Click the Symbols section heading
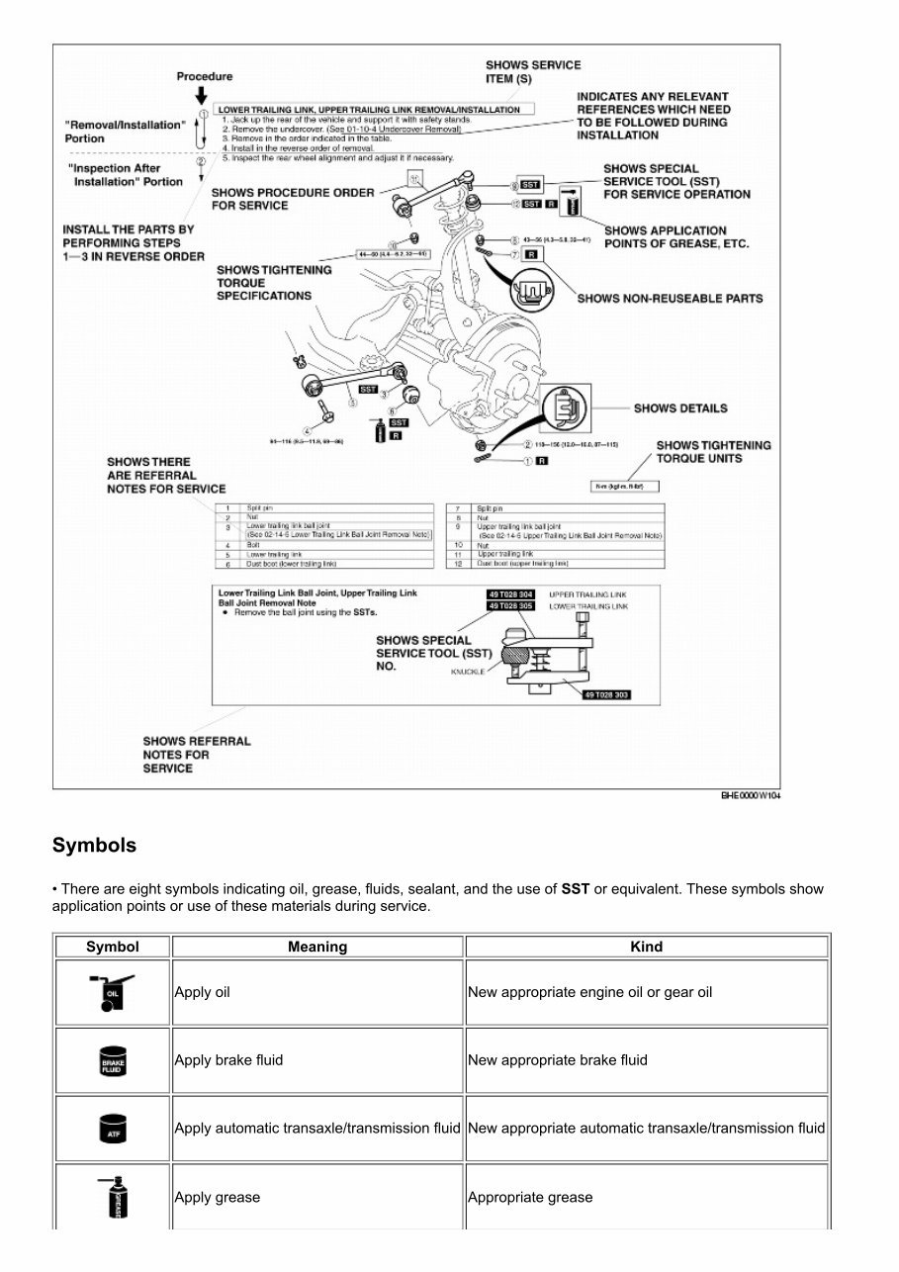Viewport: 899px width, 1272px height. [x=94, y=846]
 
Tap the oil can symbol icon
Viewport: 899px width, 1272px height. [x=112, y=992]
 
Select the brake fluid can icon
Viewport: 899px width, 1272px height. [x=112, y=1060]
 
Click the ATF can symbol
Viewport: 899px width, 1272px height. [x=112, y=1129]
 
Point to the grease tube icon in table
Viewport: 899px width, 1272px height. [x=112, y=1197]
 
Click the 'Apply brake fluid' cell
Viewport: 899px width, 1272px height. [x=228, y=1060]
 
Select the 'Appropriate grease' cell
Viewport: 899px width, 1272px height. [x=530, y=1197]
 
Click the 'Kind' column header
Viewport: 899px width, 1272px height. [x=646, y=947]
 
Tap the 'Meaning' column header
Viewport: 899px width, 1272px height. [x=317, y=947]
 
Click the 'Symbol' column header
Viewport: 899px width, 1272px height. [x=113, y=947]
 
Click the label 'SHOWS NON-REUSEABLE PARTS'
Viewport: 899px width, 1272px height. [x=670, y=298]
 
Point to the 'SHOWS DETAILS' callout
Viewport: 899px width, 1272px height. [x=679, y=408]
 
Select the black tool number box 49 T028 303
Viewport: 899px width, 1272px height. [x=606, y=695]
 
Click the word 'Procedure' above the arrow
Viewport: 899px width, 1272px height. [x=205, y=76]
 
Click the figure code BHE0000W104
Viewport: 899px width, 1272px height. [x=750, y=796]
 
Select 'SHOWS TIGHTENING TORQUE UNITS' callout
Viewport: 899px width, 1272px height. [x=713, y=452]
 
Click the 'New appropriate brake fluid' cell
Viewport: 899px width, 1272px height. [x=558, y=1060]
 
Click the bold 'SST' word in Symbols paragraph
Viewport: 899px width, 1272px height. [x=575, y=889]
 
